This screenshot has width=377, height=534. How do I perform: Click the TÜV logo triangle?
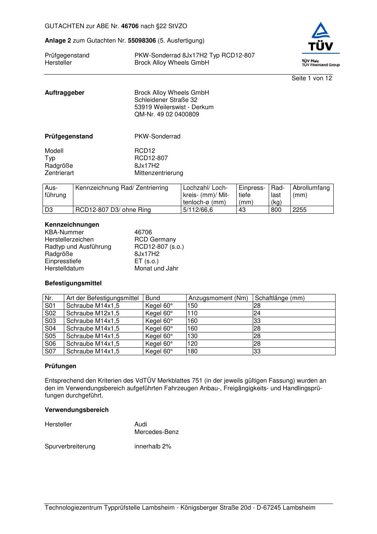(x=321, y=31)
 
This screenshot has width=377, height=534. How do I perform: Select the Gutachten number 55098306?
(x=142, y=41)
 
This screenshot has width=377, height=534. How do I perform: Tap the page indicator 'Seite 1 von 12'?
(x=312, y=78)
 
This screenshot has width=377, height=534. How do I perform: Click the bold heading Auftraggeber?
(x=65, y=93)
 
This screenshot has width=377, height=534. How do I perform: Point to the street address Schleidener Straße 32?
(x=166, y=100)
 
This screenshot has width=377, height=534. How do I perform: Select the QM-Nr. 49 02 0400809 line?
(x=166, y=114)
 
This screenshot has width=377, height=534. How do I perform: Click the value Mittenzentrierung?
(x=158, y=173)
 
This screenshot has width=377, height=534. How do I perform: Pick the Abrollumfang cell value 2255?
(x=299, y=210)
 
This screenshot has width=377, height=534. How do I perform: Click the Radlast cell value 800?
(x=276, y=210)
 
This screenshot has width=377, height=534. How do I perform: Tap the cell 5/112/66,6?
(x=198, y=210)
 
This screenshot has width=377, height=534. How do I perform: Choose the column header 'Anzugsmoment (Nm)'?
(x=218, y=298)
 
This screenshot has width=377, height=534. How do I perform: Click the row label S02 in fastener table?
(x=50, y=313)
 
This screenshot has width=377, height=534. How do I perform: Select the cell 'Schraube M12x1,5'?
(x=93, y=313)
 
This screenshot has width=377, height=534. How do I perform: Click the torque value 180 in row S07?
(x=193, y=351)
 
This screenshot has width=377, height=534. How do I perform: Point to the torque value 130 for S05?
(x=193, y=336)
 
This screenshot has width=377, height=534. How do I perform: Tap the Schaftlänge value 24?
(x=257, y=313)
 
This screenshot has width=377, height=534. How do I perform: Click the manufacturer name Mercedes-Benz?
(x=156, y=432)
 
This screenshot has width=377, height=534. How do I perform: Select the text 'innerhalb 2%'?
(x=153, y=447)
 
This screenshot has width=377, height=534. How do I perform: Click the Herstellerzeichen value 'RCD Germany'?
(x=155, y=240)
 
